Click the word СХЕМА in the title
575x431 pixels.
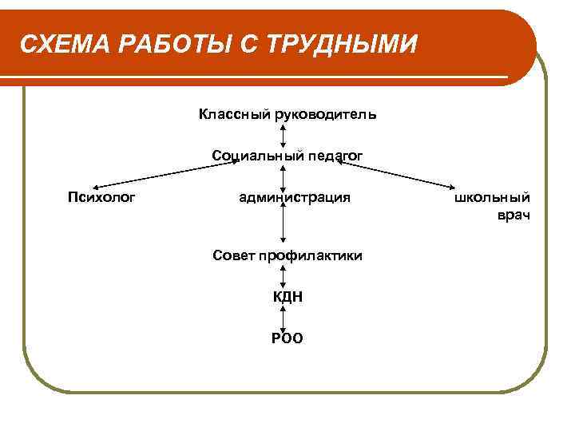(65, 45)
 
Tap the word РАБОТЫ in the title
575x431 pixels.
(174, 45)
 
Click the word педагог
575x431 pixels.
(330, 155)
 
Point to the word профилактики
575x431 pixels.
(312, 255)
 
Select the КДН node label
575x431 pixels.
(287, 297)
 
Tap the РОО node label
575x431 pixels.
(287, 338)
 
